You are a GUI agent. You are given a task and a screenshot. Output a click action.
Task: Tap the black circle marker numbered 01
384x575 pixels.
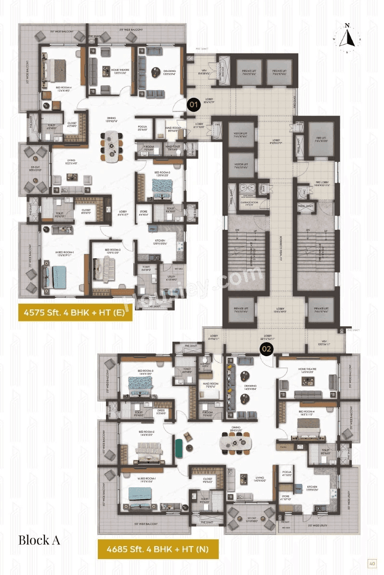pos(194,104)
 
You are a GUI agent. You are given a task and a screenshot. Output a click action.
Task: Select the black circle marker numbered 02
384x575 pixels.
pos(266,348)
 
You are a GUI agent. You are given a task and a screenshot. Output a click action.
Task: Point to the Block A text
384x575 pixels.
pos(39,540)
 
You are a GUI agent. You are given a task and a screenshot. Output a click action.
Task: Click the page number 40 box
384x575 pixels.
pos(371,563)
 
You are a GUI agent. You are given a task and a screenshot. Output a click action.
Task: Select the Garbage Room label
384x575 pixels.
pos(250,203)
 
